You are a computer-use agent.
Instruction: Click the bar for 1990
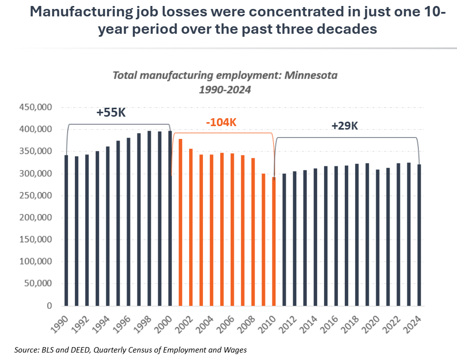[66, 230]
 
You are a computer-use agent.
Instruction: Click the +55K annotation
[111, 113]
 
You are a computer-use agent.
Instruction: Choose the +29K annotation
[345, 126]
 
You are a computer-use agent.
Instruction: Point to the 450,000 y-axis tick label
[38, 107]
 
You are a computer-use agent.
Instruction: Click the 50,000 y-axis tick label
[40, 284]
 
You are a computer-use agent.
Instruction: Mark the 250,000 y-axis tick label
[38, 196]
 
